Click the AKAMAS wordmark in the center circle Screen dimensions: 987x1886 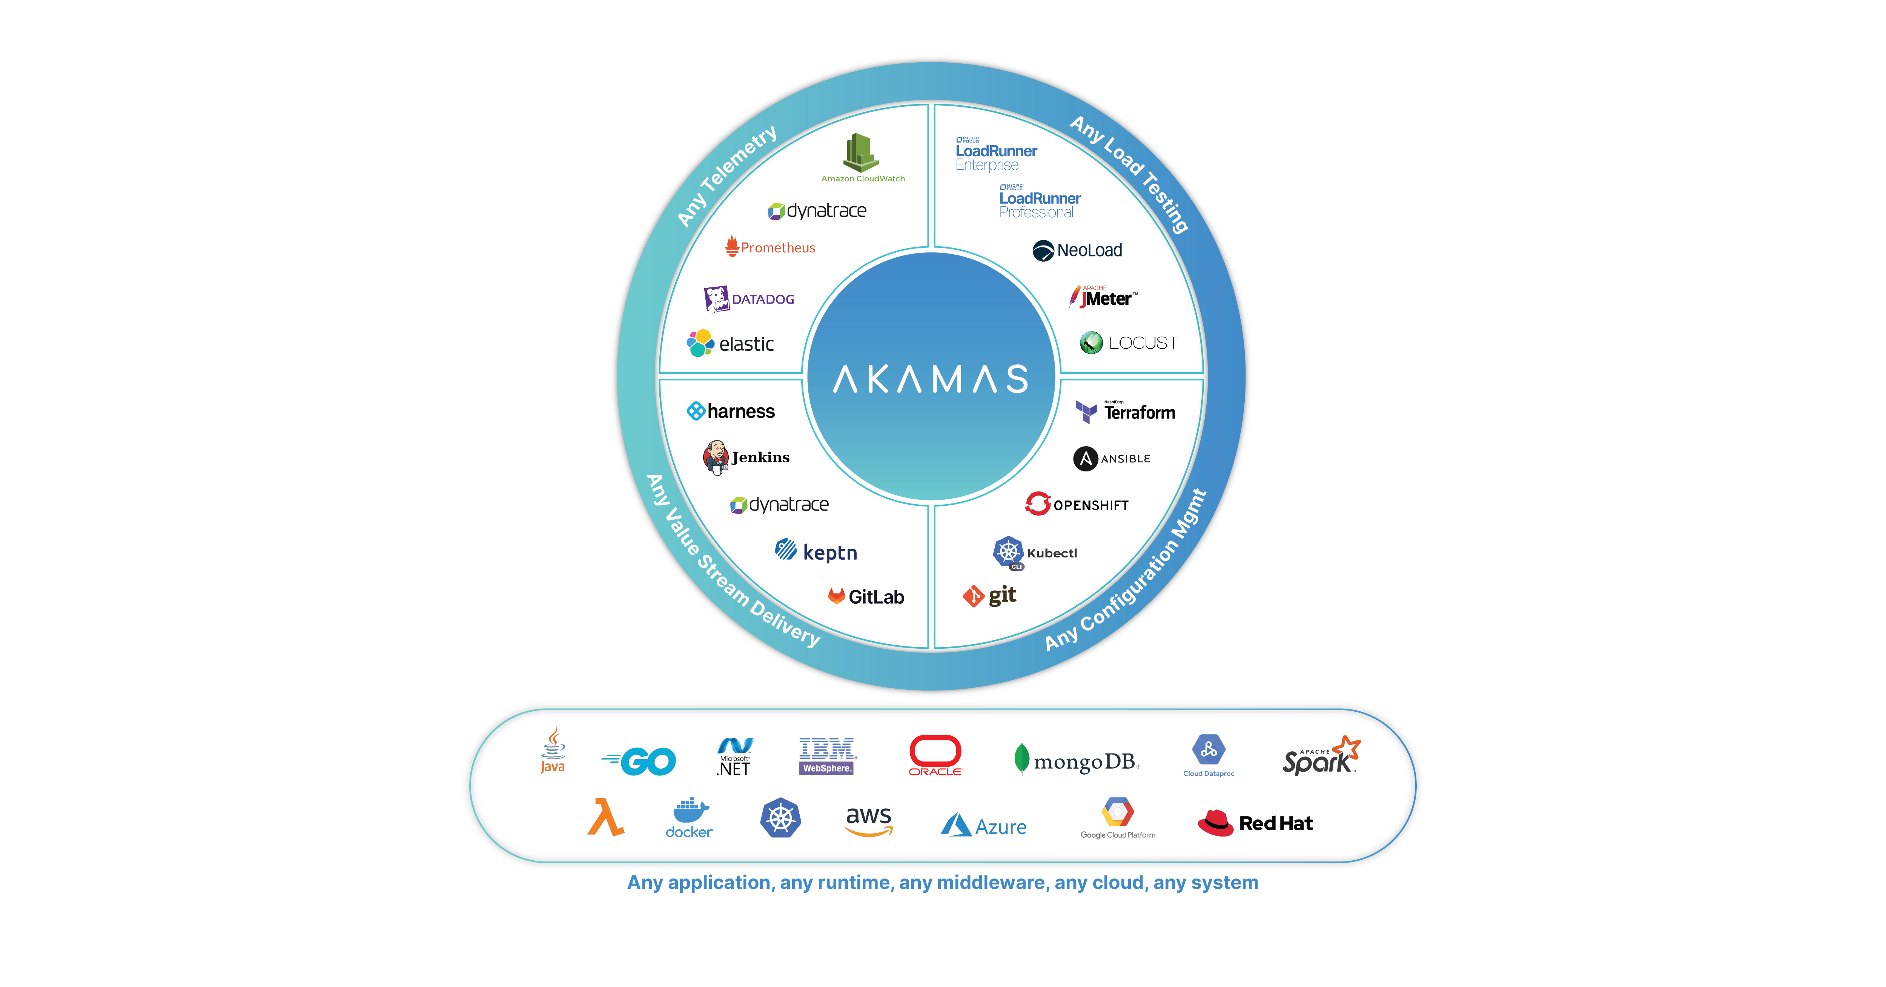click(931, 379)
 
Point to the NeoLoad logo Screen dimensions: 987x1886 click(1077, 250)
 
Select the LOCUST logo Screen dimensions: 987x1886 click(1128, 343)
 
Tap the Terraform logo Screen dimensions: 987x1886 click(1125, 411)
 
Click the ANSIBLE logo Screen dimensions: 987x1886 click(1111, 458)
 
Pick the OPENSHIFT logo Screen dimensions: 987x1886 click(1076, 505)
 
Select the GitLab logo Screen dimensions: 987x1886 click(866, 597)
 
